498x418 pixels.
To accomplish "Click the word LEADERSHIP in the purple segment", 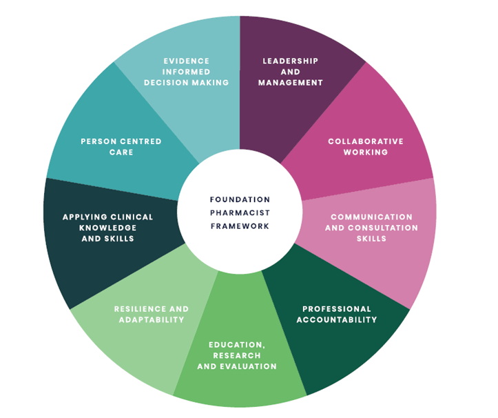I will (x=291, y=61).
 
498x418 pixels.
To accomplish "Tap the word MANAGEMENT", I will (x=291, y=83).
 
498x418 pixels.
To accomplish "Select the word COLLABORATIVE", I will (x=366, y=141).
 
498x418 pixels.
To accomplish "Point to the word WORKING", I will (x=366, y=152).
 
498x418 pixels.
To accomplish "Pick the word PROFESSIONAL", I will (x=337, y=309).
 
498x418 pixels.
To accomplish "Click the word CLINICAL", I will (x=131, y=217).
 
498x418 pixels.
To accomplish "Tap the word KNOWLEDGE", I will (x=108, y=228).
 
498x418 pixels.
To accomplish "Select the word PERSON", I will (x=99, y=141).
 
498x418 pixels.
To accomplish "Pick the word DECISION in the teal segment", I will (x=166, y=83).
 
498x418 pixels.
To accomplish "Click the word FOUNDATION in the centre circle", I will (x=240, y=199).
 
